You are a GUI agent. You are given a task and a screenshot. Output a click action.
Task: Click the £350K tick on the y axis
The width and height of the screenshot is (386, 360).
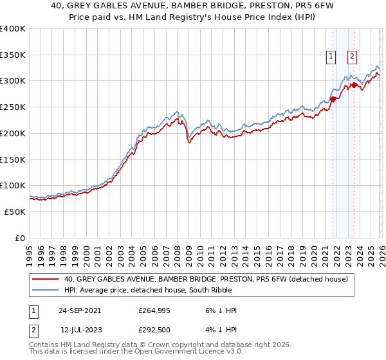click(13, 55)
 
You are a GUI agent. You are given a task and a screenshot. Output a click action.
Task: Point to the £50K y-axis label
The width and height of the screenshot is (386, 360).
click(14, 212)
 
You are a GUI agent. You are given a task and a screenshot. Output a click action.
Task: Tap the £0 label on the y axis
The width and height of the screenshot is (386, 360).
click(20, 238)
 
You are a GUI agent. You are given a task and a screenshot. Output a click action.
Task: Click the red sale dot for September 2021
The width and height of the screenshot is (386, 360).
click(333, 99)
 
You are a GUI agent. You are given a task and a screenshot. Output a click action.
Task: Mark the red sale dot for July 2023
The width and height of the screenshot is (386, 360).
click(354, 85)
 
